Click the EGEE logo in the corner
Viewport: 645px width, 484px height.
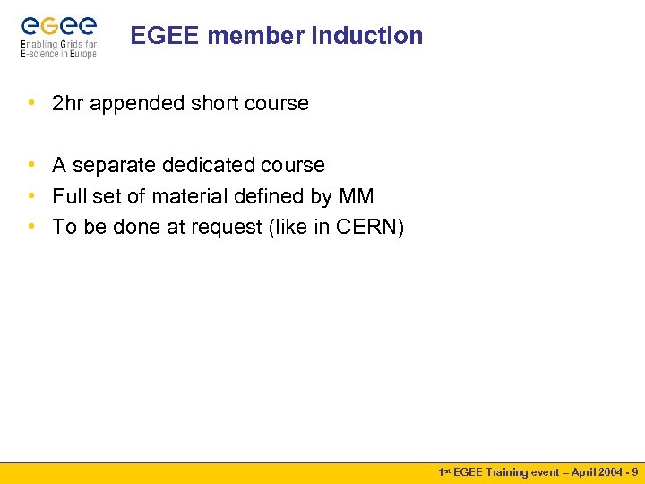pyautogui.click(x=58, y=36)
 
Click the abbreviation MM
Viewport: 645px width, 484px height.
pyautogui.click(x=357, y=196)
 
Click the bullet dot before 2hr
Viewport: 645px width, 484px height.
pyautogui.click(x=31, y=104)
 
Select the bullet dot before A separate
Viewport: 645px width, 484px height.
pyautogui.click(x=31, y=166)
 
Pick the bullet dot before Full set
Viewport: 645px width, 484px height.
pyautogui.click(x=31, y=196)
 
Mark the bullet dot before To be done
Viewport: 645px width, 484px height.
pyautogui.click(x=31, y=228)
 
